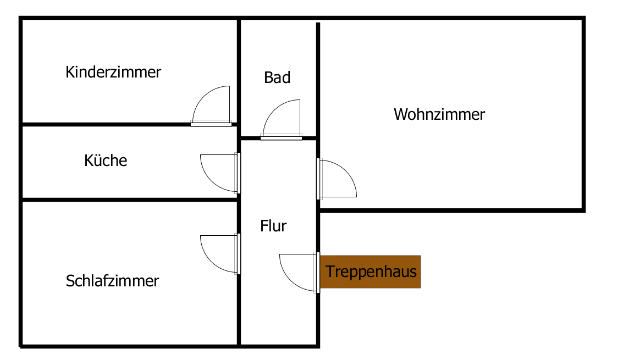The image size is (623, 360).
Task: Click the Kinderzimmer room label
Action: tap(113, 73)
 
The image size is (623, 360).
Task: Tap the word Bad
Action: tap(277, 77)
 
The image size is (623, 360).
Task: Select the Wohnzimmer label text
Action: tap(439, 114)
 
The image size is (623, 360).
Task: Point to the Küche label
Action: tap(106, 160)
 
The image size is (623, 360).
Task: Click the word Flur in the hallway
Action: tap(273, 226)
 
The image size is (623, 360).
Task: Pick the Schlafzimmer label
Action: tap(112, 281)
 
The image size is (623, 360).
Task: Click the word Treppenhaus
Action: tap(371, 272)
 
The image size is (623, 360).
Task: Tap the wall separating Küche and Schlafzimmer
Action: tap(130, 200)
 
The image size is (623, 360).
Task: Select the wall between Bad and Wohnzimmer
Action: tap(318, 80)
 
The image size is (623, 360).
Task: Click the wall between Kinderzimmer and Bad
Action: tap(239, 71)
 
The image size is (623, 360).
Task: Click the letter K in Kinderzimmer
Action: tap(70, 73)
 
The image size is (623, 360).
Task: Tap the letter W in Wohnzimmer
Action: tap(400, 114)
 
